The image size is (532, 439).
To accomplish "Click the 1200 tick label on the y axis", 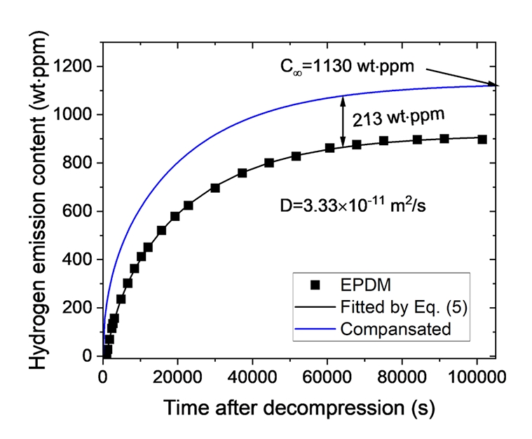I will (x=75, y=67).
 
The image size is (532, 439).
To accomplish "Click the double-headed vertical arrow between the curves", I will (x=343, y=121).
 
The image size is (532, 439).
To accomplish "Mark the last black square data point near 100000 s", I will (x=482, y=139).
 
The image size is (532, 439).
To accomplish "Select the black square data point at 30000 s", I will (x=215, y=188).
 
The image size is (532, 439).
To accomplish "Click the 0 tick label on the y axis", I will (x=88, y=356).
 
